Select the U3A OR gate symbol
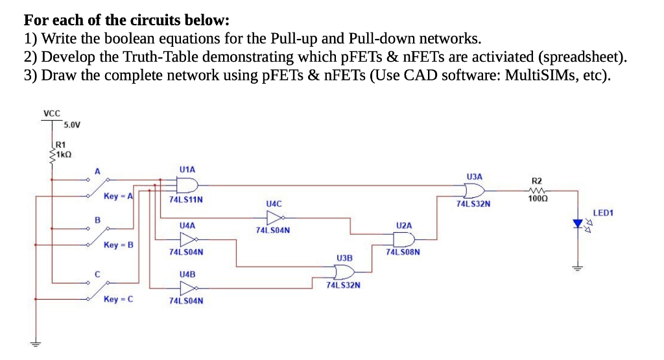click(x=474, y=191)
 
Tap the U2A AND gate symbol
click(x=404, y=239)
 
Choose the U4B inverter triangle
click(x=187, y=289)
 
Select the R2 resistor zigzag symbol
click(x=536, y=191)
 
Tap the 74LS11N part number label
click(x=186, y=200)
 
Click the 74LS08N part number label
click(x=403, y=252)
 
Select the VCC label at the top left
click(x=51, y=114)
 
